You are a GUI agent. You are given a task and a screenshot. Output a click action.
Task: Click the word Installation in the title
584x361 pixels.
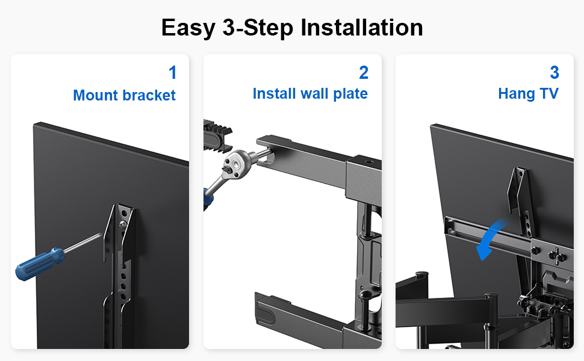[362, 28]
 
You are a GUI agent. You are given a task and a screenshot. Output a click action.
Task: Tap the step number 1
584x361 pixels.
[172, 72]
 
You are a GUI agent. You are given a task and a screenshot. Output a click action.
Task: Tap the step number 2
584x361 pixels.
[364, 72]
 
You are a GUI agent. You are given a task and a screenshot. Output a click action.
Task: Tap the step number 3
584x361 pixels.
[554, 72]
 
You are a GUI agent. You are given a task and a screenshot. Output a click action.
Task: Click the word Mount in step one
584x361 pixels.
[95, 95]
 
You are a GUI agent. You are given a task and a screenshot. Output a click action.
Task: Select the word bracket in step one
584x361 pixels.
[149, 95]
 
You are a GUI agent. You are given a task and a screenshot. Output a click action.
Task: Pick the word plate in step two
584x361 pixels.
[350, 94]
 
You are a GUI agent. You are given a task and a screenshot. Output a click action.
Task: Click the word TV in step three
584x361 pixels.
[549, 93]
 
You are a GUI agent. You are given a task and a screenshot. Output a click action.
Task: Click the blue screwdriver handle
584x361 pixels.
[40, 263]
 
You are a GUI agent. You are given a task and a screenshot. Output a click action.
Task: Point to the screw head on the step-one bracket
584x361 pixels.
[123, 224]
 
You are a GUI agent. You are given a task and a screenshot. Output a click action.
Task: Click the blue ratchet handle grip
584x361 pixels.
[208, 199]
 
